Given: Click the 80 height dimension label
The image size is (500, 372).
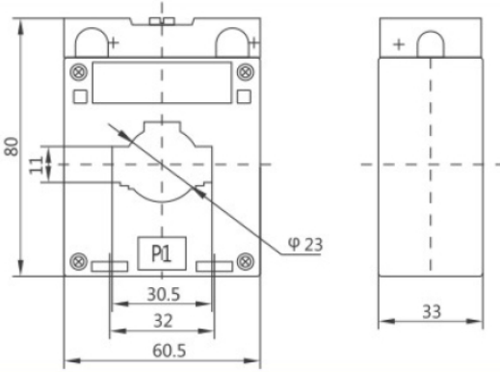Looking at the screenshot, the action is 12,146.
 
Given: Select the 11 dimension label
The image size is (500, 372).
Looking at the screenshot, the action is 37,165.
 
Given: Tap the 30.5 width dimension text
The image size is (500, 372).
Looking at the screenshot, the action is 164,294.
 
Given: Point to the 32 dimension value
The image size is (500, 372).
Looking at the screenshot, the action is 163,321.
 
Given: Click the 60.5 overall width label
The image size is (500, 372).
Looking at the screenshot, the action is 170,351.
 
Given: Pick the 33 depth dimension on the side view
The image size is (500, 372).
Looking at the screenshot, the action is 432,311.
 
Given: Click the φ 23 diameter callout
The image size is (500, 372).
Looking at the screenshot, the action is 305,245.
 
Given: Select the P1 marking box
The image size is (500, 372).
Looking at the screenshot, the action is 162,253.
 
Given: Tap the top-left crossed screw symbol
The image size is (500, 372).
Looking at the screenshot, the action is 78,72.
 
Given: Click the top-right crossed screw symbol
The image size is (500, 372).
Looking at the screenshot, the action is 246,72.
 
